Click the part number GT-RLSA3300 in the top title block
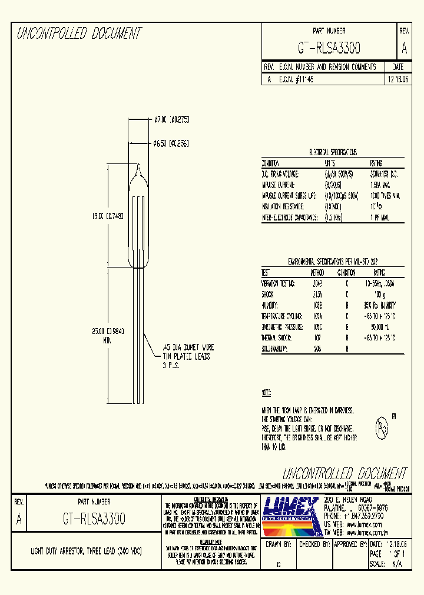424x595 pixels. (329, 48)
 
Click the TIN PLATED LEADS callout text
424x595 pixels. (185, 356)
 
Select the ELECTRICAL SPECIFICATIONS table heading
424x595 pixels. (333, 152)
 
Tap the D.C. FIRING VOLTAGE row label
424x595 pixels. (280, 174)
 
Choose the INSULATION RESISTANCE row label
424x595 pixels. (283, 206)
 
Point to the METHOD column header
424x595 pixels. (317, 272)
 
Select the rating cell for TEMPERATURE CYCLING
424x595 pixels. (380, 316)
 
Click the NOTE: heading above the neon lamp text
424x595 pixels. (267, 392)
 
